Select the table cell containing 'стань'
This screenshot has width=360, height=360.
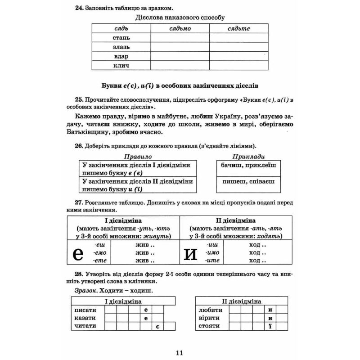click(x=121, y=37)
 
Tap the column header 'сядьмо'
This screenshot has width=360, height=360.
click(x=180, y=28)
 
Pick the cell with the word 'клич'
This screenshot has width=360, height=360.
click(x=121, y=66)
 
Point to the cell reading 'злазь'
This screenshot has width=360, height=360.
click(x=121, y=47)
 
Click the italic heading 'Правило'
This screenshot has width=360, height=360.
click(x=137, y=157)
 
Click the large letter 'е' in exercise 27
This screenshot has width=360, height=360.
click(x=78, y=253)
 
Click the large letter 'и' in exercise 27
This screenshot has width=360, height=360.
click(x=191, y=253)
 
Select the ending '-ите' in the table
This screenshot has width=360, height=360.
click(x=212, y=261)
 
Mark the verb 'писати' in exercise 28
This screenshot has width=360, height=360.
click(x=84, y=310)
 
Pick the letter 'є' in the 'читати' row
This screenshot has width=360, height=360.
click(x=157, y=326)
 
